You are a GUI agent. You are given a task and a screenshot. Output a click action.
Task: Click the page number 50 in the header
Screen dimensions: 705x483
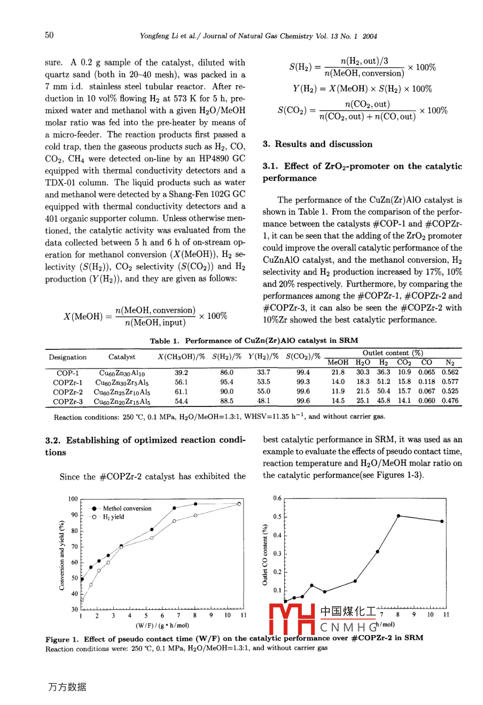click(x=49, y=35)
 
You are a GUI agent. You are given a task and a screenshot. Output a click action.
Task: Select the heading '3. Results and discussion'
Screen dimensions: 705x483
click(x=317, y=144)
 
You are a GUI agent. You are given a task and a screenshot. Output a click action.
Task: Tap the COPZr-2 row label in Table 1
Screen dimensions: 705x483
click(x=68, y=391)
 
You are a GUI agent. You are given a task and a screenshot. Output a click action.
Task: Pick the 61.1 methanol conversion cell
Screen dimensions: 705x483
click(x=181, y=391)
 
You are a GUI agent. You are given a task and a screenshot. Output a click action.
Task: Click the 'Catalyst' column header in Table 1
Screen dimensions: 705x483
click(x=122, y=357)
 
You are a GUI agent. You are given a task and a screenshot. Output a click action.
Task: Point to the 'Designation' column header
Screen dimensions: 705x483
click(x=68, y=357)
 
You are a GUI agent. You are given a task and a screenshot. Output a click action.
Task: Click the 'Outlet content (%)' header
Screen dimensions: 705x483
click(x=393, y=353)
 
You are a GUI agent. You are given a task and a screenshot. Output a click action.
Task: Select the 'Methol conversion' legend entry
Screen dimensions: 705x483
click(x=127, y=508)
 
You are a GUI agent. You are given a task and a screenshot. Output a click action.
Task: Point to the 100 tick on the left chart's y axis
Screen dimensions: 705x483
click(x=73, y=499)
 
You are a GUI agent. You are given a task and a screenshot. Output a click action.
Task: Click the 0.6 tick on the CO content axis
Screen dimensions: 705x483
click(x=277, y=498)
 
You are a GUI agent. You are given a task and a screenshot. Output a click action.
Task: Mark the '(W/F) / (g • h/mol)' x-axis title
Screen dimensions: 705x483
click(x=162, y=625)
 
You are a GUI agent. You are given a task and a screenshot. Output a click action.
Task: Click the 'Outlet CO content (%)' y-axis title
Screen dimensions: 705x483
click(x=265, y=554)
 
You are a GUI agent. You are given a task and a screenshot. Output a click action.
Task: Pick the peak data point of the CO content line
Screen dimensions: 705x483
click(x=398, y=515)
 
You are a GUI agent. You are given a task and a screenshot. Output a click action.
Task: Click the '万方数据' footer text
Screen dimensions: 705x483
click(x=67, y=687)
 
